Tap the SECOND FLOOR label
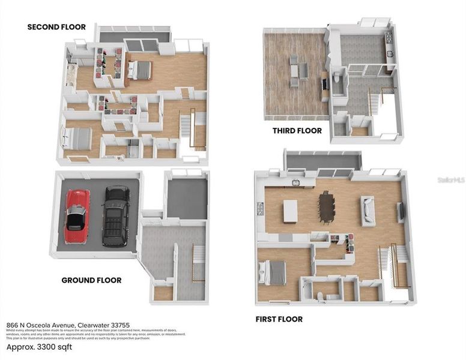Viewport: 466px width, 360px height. (56, 27)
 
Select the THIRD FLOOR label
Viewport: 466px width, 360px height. (297, 130)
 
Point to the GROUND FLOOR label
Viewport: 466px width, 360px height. (91, 280)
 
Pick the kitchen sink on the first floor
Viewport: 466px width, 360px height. (295, 182)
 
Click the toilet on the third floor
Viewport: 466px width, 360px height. (337, 78)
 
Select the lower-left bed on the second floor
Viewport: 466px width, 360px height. (74, 139)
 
